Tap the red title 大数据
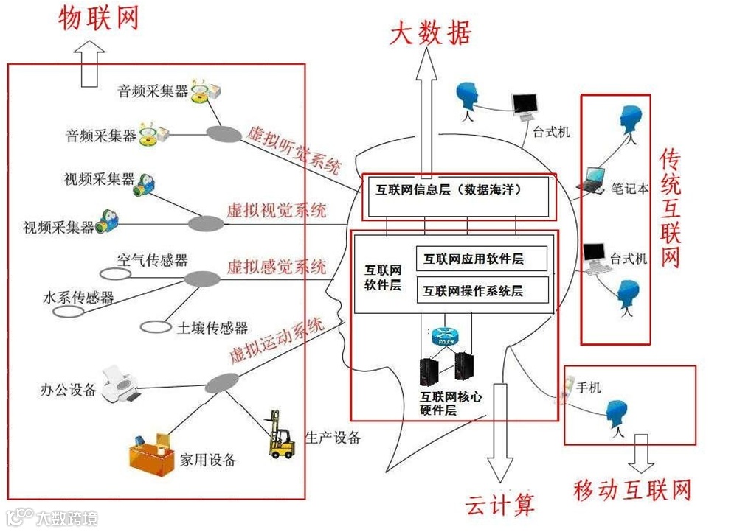(x=430, y=33)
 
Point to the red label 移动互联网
(x=632, y=490)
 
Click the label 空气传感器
(x=153, y=260)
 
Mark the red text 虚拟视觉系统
(x=277, y=209)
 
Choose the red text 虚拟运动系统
(x=277, y=340)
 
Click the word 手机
(x=589, y=387)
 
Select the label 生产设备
(x=333, y=438)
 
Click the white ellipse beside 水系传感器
(x=68, y=312)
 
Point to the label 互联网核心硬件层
(x=450, y=403)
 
